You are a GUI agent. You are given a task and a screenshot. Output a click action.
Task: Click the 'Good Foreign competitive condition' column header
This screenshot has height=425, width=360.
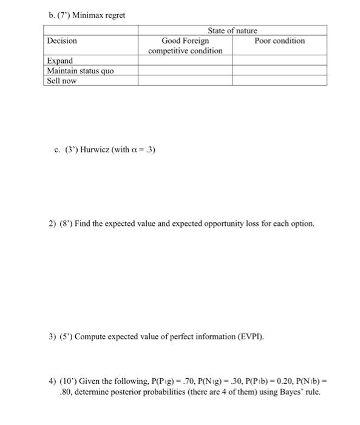coord(185,46)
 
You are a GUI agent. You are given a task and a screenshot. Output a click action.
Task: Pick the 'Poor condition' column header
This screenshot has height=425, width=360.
coord(279,41)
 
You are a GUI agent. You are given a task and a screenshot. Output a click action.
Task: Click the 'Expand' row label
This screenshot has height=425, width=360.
coord(59,61)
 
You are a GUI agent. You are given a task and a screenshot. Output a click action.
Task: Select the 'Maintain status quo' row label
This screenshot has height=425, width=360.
coord(80,70)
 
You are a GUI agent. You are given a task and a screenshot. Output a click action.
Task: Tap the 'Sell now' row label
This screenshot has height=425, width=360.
coord(62,80)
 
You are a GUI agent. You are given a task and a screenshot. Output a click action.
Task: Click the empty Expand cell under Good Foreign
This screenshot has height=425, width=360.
coord(185,61)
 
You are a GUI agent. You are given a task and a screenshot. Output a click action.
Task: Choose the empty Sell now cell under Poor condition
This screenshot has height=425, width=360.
coord(279,80)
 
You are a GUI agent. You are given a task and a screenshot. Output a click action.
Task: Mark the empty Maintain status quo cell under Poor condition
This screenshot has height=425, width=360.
coord(279,70)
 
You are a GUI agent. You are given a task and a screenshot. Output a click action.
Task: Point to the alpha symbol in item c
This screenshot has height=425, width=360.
coord(133,149)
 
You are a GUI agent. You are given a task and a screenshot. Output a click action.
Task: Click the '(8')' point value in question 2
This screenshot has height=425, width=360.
coord(67,224)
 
